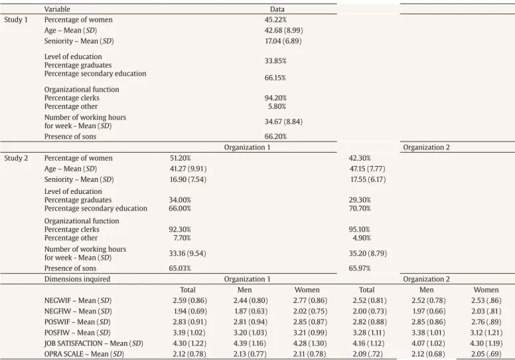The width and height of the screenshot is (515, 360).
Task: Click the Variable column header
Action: click(57, 9)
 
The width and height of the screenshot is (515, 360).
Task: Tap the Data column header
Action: click(277, 9)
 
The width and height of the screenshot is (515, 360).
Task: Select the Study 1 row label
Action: click(16, 20)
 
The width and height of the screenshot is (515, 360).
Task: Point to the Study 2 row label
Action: click(16, 158)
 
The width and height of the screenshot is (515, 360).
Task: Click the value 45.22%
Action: click(275, 20)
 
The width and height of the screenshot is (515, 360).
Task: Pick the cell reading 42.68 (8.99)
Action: click(284, 31)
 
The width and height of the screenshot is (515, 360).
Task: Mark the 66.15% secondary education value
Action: click(275, 78)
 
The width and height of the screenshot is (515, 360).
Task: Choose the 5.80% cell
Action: click(277, 106)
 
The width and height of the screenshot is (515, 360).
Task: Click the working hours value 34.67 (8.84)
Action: click(284, 122)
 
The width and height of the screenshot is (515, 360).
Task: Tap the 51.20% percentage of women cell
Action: click(181, 158)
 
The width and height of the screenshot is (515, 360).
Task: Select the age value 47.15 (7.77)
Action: click(368, 169)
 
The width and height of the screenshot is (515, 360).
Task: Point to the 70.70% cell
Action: click(360, 209)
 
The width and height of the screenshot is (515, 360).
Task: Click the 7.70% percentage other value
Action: click(183, 238)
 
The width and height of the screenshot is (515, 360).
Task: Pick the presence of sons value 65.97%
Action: click(360, 268)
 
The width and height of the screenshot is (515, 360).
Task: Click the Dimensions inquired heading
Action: click(77, 279)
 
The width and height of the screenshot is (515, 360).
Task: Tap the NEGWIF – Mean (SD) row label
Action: click(78, 300)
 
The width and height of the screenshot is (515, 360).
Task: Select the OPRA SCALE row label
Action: click(84, 354)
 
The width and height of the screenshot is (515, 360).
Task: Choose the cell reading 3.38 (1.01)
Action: click(428, 333)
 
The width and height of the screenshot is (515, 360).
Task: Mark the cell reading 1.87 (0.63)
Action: click(251, 312)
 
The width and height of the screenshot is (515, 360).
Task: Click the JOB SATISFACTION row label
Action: click(94, 343)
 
